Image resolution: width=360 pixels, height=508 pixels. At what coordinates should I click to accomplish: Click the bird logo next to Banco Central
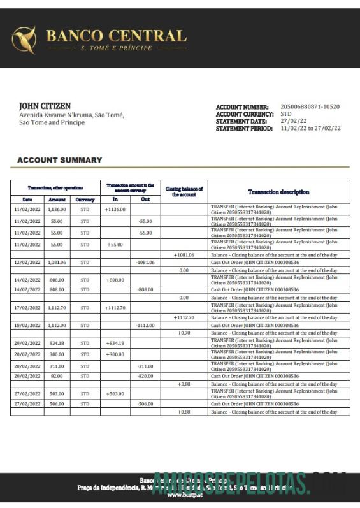pyautogui.click(x=24, y=40)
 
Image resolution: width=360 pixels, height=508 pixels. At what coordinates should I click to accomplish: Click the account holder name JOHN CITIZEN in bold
pyautogui.click(x=45, y=106)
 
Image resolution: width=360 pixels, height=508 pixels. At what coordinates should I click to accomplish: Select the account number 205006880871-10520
pyautogui.click(x=310, y=107)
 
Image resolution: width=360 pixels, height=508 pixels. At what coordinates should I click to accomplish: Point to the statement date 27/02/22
pyautogui.click(x=294, y=121)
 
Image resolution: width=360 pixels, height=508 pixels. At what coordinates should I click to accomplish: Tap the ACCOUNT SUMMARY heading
pyautogui.click(x=59, y=160)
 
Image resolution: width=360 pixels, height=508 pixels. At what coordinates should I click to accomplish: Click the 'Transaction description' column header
pyautogui.click(x=278, y=192)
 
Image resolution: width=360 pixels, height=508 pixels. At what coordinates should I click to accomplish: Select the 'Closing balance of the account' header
pyautogui.click(x=184, y=192)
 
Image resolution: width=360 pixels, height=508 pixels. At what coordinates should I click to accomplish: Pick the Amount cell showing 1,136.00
pyautogui.click(x=57, y=209)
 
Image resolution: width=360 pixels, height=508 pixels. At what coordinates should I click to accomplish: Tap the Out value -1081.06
pyautogui.click(x=145, y=262)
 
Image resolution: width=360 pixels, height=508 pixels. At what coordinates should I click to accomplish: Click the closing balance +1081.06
pyautogui.click(x=184, y=255)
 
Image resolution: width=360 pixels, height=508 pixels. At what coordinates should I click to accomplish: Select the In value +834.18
pyautogui.click(x=115, y=343)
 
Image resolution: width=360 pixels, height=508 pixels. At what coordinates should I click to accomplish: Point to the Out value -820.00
pyautogui.click(x=145, y=376)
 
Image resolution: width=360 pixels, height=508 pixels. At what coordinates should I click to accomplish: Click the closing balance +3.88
pyautogui.click(x=184, y=384)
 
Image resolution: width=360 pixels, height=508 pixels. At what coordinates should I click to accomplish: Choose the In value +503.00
pyautogui.click(x=115, y=394)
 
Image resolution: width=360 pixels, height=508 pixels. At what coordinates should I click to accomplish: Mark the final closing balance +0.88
pyautogui.click(x=184, y=412)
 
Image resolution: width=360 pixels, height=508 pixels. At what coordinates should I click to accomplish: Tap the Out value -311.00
pyautogui.click(x=145, y=366)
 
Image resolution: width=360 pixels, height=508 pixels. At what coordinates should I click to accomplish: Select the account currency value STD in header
pyautogui.click(x=286, y=114)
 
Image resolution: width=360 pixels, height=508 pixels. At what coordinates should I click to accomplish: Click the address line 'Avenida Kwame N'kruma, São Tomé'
pyautogui.click(x=71, y=115)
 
